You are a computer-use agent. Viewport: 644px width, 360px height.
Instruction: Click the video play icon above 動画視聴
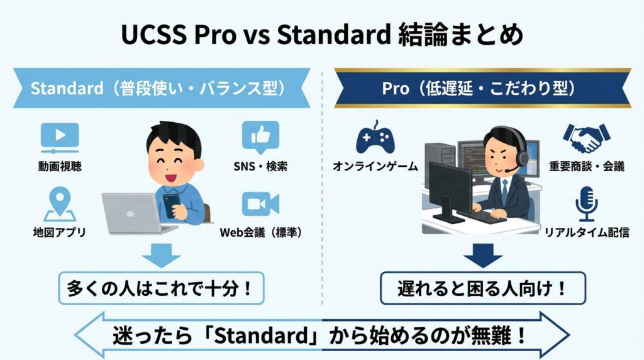[60, 138]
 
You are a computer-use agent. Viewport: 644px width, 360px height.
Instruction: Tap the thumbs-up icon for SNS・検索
[260, 137]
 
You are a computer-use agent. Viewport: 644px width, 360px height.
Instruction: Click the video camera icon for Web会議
[260, 205]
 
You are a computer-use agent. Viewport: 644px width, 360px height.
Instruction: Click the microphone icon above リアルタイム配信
[587, 203]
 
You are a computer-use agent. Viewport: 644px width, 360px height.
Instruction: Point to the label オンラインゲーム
[375, 167]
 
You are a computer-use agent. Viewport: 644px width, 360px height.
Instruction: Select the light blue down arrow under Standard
[161, 255]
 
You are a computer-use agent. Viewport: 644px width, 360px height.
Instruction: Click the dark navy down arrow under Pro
[482, 255]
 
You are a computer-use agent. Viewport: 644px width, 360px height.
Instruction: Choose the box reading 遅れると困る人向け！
[482, 288]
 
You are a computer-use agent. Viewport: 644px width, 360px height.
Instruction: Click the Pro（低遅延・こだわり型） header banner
[482, 88]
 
